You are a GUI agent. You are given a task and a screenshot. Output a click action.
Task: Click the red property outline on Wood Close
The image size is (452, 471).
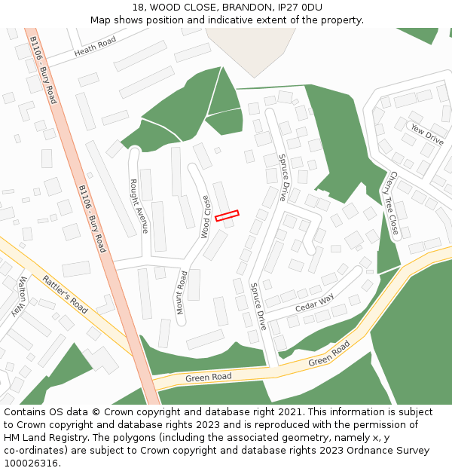click(x=227, y=216)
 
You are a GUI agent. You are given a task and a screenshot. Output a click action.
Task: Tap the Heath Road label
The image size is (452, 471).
click(x=95, y=47)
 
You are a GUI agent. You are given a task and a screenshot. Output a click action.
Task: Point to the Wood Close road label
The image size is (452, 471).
click(x=205, y=216)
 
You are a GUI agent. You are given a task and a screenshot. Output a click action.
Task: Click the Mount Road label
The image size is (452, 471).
click(x=181, y=292)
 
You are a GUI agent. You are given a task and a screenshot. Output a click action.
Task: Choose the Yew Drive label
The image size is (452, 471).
click(x=426, y=134)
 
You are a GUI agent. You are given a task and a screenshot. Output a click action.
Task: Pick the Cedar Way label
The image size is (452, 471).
click(x=314, y=302)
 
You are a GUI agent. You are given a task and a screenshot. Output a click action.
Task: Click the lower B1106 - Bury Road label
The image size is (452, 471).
click(x=91, y=219)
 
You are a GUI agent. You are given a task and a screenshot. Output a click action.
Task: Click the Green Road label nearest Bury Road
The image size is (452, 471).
click(x=209, y=377)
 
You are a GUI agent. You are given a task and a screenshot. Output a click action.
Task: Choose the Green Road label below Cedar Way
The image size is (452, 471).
click(x=330, y=355)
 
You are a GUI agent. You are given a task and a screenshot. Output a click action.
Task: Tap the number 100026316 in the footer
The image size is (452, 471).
click(x=31, y=463)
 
